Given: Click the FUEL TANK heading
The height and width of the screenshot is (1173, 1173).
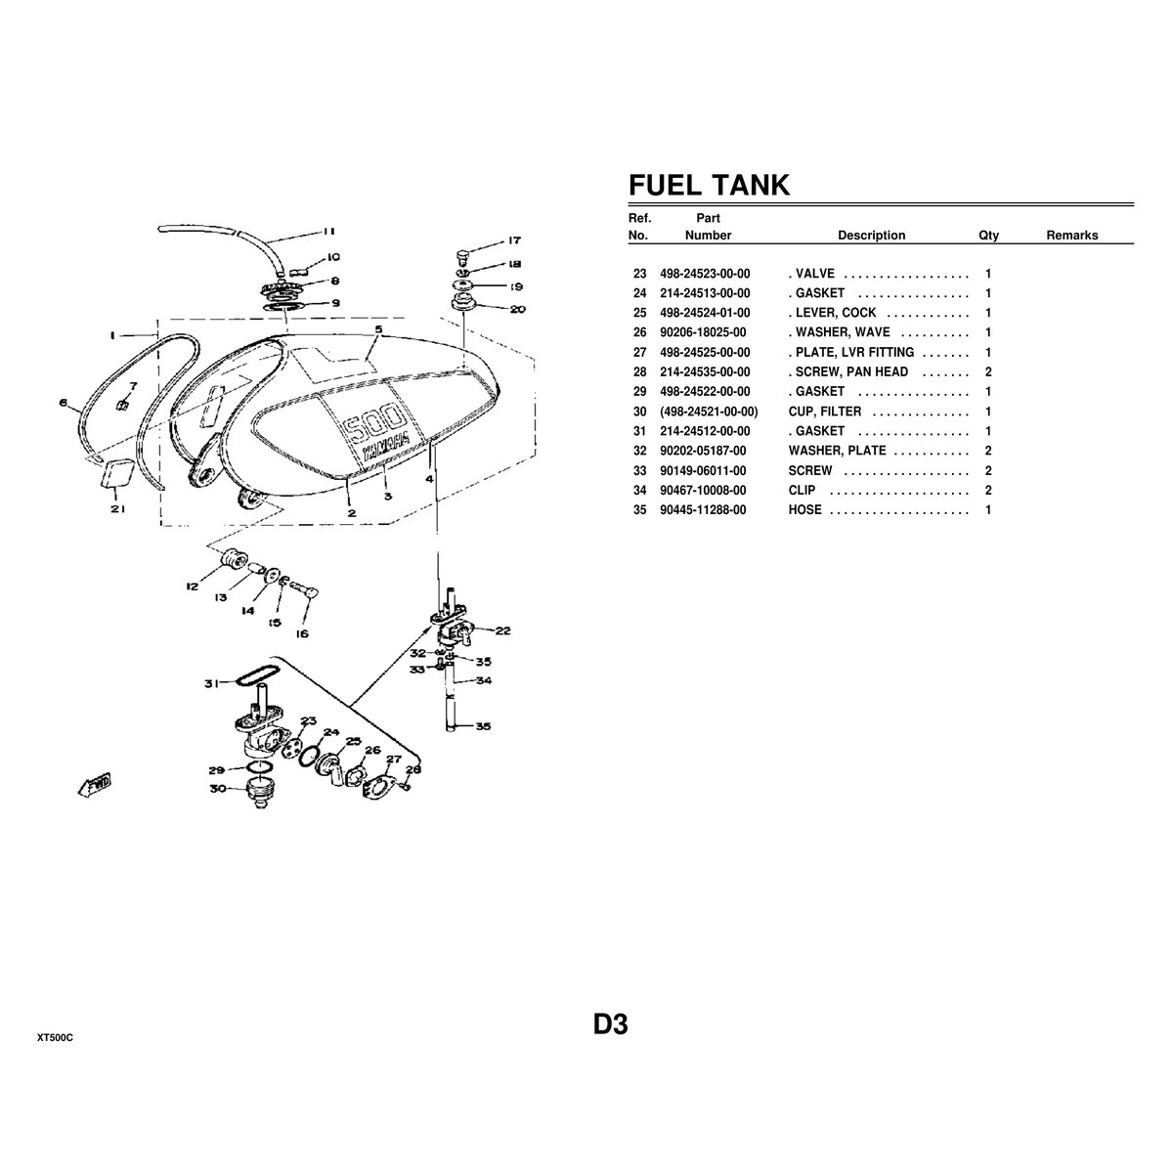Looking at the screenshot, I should coord(708,186).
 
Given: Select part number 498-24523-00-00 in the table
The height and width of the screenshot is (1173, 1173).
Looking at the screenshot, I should coord(705,274).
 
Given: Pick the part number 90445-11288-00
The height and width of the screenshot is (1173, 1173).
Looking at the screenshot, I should coord(703,510).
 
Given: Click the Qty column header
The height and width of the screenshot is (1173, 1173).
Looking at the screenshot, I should coord(988,236).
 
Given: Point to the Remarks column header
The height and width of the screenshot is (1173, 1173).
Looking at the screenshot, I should coord(1071,236).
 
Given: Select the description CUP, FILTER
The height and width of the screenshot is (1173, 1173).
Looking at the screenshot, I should coord(824,412).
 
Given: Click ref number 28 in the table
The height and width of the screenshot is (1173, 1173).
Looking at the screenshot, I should coord(640,372).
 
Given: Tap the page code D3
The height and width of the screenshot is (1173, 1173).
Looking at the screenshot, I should coord(609,1025).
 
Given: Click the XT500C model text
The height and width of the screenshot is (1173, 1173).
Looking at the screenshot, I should coord(55,1037).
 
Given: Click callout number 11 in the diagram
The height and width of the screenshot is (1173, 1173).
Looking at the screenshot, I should coord(328,233).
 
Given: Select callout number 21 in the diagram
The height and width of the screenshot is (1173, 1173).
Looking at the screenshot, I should coord(117,509).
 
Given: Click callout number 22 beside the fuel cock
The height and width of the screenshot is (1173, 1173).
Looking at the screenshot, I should coord(502,631).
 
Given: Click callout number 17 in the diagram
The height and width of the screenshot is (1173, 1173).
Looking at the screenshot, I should coord(514,240).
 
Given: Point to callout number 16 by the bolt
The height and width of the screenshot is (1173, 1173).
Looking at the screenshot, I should coord(303,633).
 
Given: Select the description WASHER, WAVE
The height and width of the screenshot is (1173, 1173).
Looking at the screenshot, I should coord(839,332).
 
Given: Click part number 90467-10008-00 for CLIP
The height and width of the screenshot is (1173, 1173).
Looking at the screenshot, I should coord(703,491).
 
